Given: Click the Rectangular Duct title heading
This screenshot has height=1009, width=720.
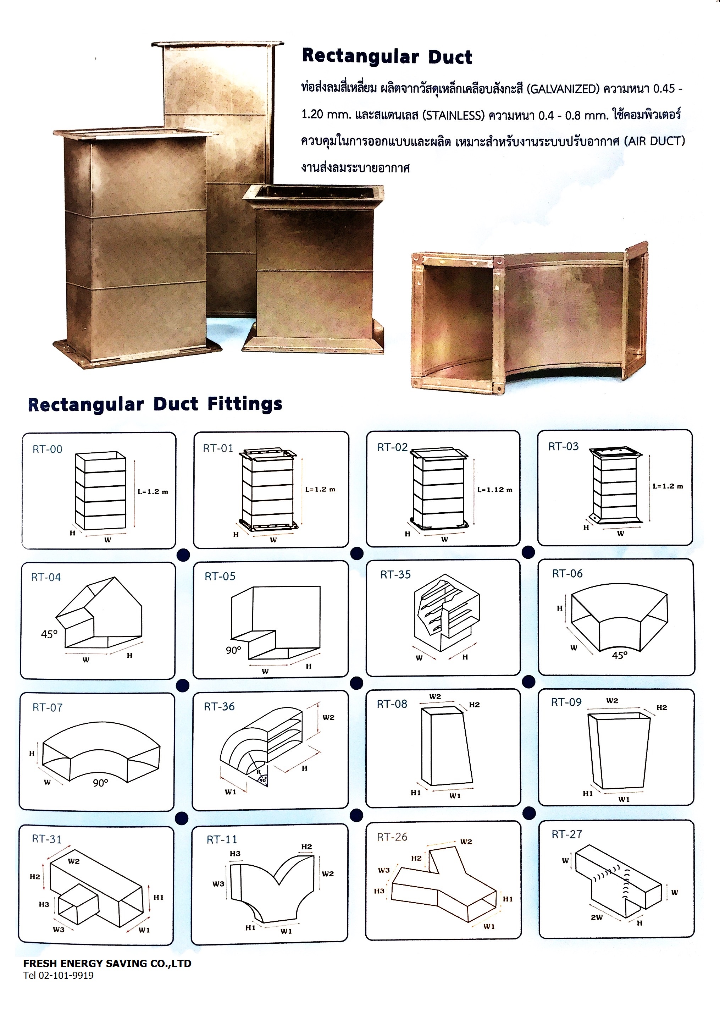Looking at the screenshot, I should point(387,57).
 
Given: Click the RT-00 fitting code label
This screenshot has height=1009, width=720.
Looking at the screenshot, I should point(48,449).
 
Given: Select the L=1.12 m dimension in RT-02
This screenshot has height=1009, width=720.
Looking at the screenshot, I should point(494,490).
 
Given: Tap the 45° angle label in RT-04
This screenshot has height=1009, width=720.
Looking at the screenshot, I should point(49,634).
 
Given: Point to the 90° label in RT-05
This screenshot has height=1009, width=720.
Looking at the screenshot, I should point(234,650).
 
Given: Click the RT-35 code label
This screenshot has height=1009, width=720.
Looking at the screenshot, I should point(395,574).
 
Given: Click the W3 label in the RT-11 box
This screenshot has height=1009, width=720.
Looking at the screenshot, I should point(218,884).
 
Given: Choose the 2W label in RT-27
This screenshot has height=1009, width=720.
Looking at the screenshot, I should point(596,917).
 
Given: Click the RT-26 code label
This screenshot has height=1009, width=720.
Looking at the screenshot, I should point(392,837).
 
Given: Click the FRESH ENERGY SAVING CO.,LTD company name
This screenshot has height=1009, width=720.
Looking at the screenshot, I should point(107,963).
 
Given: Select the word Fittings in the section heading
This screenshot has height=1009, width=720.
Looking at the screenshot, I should point(245,404).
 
